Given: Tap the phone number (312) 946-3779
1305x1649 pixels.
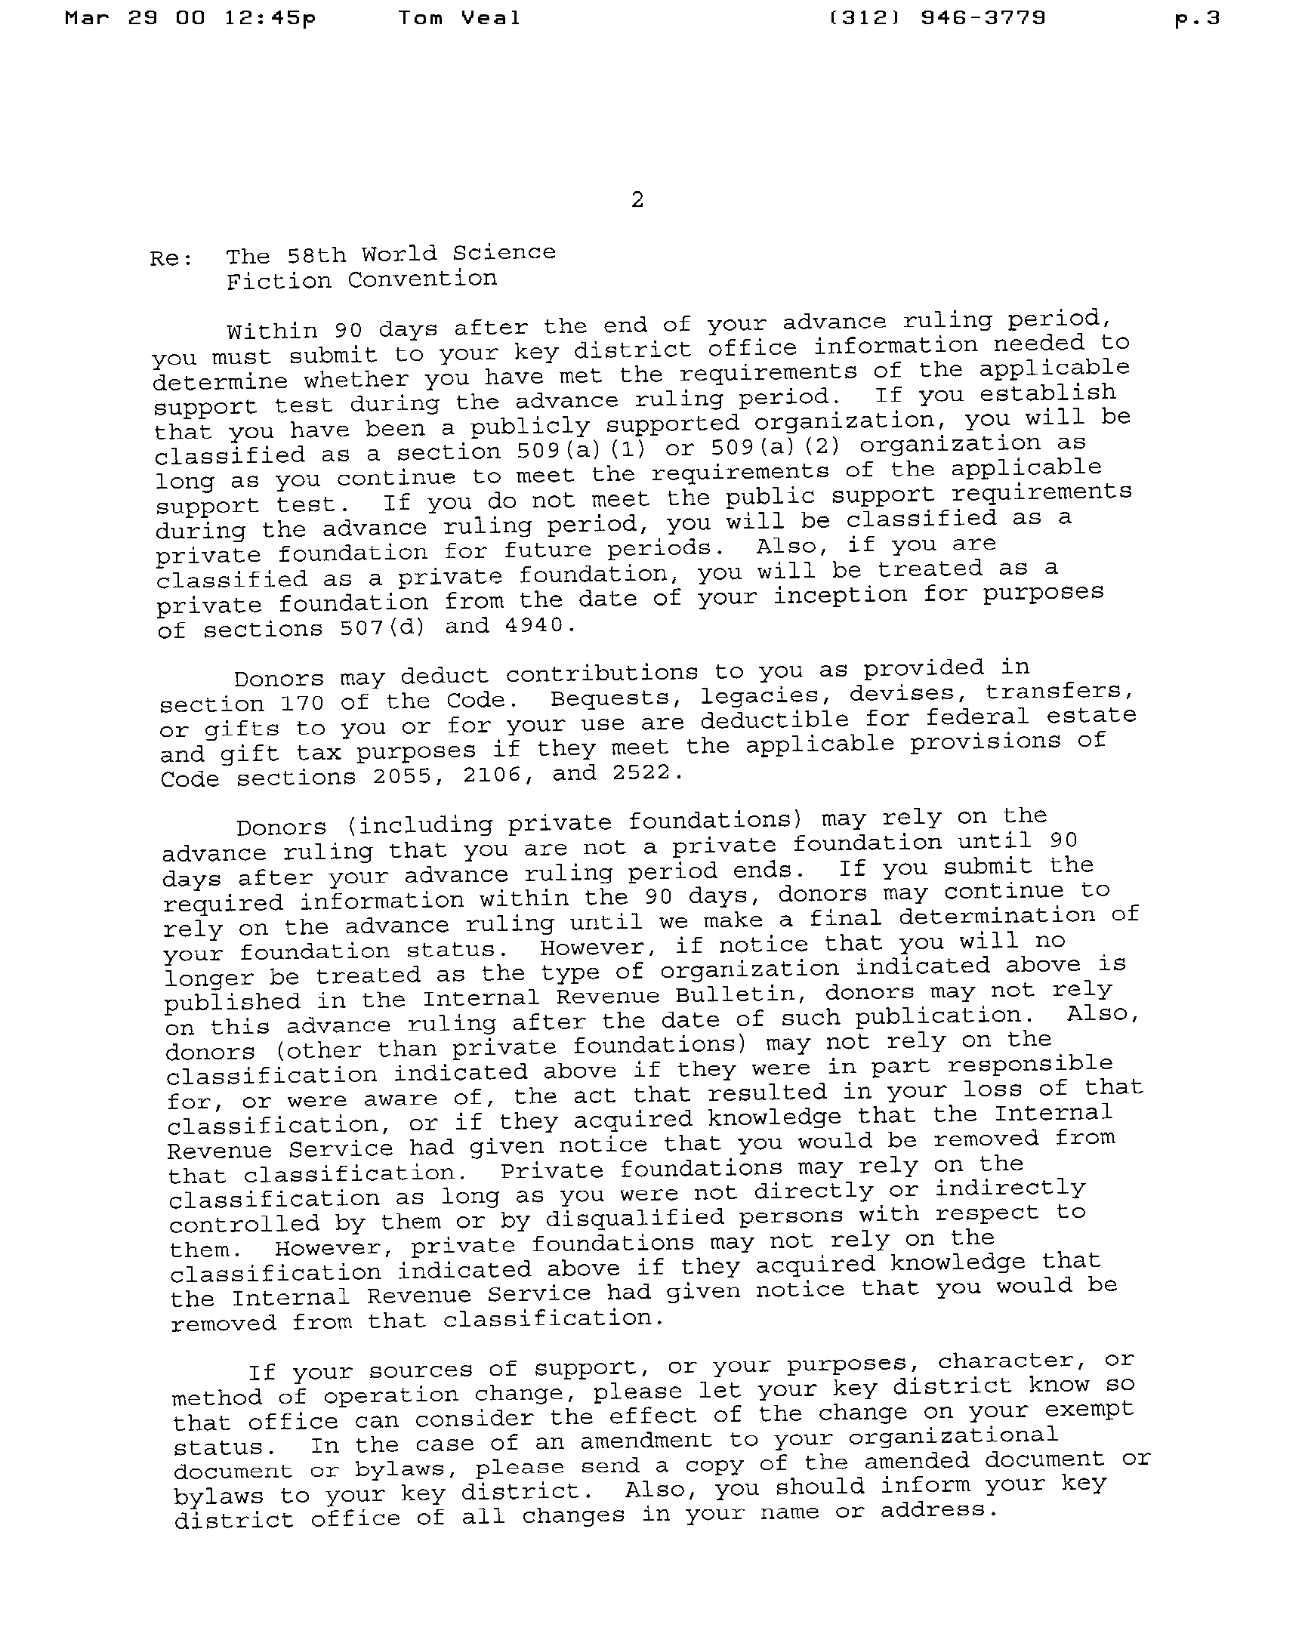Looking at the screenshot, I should [x=936, y=18].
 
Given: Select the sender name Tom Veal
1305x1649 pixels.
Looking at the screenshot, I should [x=459, y=18].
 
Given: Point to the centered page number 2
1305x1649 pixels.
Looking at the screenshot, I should [x=637, y=200].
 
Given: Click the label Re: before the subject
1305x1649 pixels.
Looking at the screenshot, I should [x=171, y=259].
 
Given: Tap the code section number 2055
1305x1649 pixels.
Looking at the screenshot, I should [x=403, y=777].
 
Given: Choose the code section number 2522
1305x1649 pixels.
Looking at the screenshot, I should [x=641, y=773].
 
